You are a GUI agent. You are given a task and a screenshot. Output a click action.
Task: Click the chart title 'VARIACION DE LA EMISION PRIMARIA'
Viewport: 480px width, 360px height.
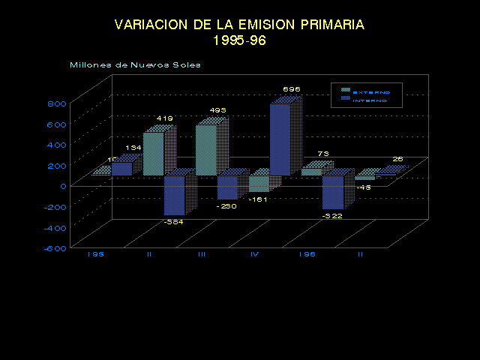click(x=239, y=25)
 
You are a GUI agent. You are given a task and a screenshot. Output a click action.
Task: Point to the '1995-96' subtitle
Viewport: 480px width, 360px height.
click(x=239, y=40)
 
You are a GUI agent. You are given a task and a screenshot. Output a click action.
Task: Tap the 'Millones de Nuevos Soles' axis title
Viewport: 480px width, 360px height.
click(x=135, y=64)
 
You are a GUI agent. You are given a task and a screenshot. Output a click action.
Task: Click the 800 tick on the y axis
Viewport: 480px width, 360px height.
click(x=58, y=104)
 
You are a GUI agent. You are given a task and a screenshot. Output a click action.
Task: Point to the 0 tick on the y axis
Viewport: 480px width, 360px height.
click(x=63, y=187)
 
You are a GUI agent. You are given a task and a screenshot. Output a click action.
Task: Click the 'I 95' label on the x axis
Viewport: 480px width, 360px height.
click(x=95, y=254)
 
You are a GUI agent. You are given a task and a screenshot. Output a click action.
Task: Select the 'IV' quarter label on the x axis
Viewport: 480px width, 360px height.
click(x=255, y=254)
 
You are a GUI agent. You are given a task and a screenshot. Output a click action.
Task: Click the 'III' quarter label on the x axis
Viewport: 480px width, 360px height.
click(x=202, y=254)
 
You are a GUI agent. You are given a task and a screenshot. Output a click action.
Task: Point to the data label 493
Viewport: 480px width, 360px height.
click(x=217, y=111)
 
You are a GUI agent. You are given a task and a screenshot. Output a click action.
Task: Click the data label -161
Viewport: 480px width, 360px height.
click(x=258, y=199)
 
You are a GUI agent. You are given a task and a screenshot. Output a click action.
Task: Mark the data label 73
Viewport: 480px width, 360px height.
click(x=323, y=154)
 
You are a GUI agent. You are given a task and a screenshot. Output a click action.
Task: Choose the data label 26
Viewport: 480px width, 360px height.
click(x=398, y=159)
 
